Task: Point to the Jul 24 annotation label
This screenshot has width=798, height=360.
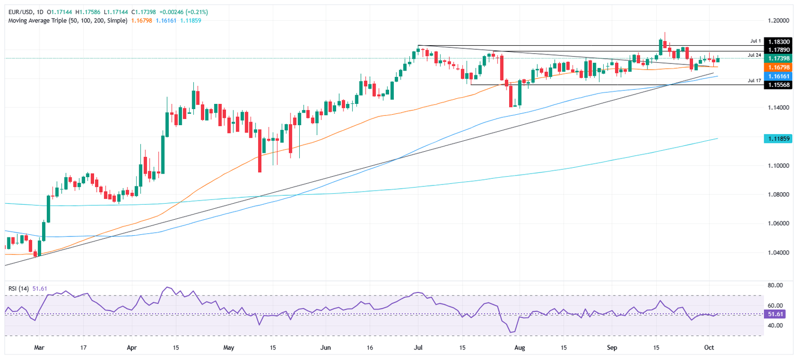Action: [x=754, y=55]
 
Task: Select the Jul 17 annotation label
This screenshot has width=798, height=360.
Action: [x=754, y=81]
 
